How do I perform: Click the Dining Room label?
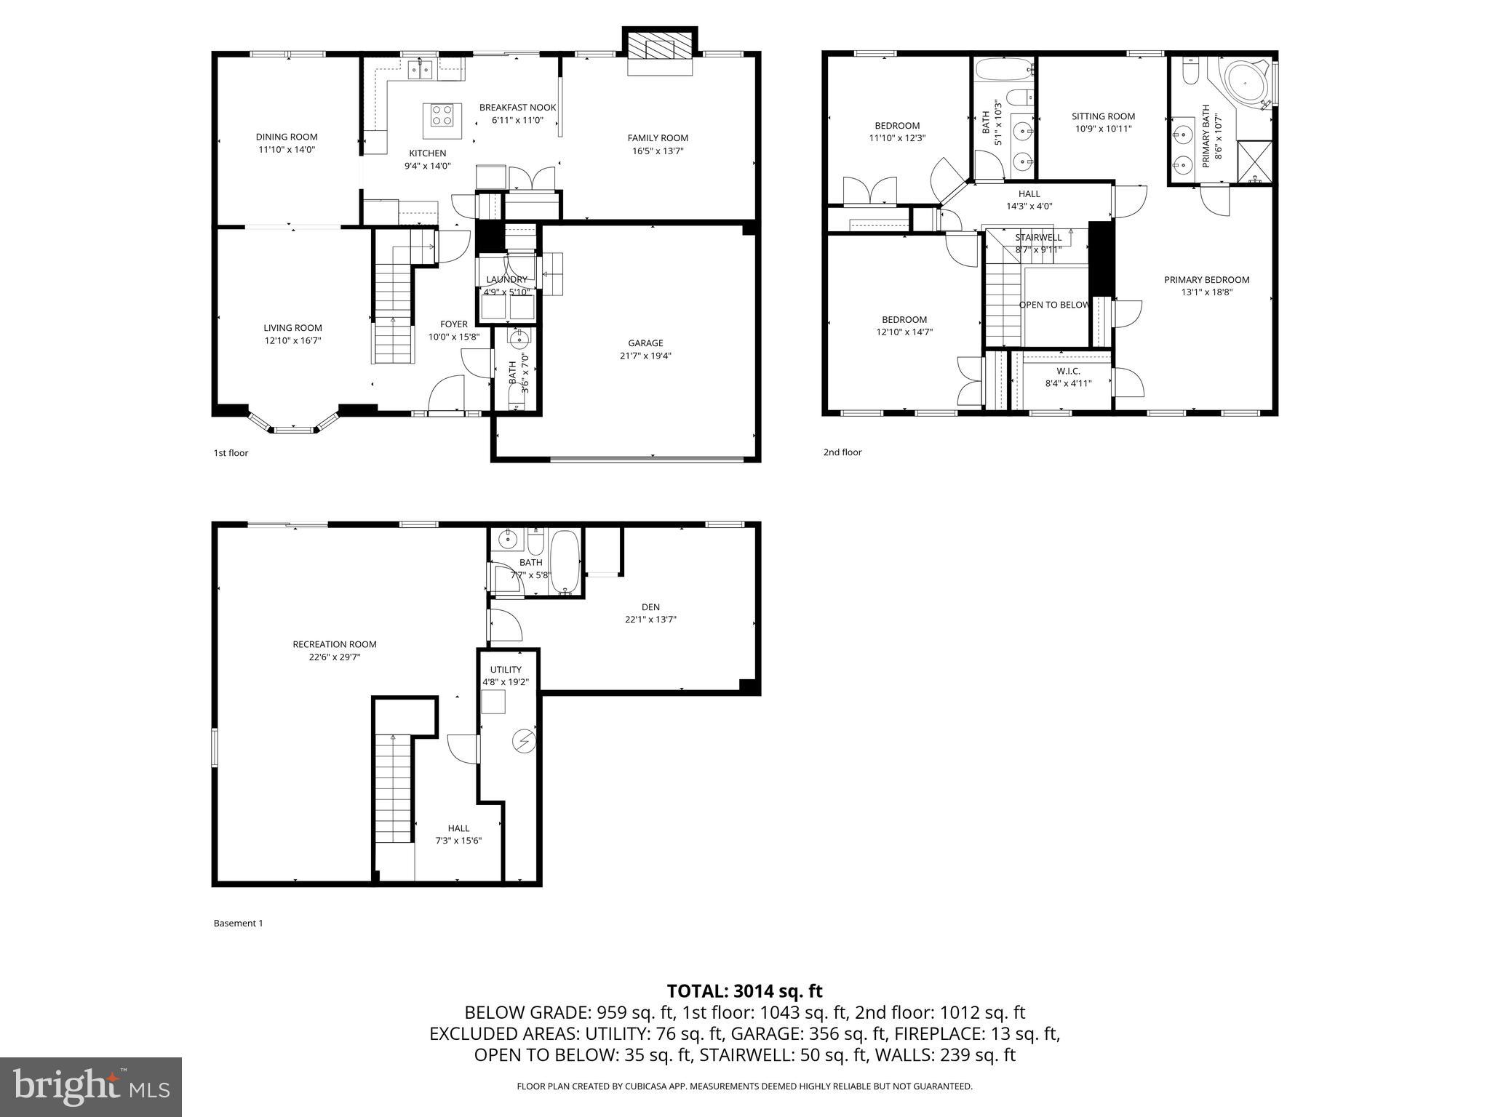(287, 137)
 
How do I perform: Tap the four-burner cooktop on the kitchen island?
(442, 115)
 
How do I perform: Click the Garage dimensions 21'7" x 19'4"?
(645, 356)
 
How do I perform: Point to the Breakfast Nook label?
(517, 108)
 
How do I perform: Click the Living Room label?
(292, 328)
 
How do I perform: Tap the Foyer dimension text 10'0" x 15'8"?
(453, 337)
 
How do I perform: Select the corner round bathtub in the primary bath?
(1246, 83)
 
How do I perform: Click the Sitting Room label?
(1103, 116)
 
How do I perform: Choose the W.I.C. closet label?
(1068, 371)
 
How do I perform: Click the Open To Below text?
(1054, 305)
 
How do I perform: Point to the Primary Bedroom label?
(1206, 280)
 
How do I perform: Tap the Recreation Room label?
(335, 644)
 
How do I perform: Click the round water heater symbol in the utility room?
(523, 741)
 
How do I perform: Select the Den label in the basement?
(650, 607)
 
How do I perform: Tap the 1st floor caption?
(231, 453)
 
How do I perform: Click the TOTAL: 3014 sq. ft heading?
(744, 990)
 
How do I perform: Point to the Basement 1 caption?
(238, 924)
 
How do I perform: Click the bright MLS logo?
(91, 1086)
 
